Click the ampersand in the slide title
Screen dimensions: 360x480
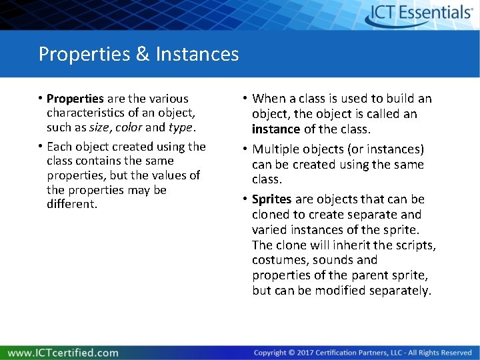coord(142,53)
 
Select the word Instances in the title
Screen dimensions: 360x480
coord(197,53)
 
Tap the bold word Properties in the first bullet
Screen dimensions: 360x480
coord(75,99)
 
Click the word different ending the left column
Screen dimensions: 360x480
coord(72,204)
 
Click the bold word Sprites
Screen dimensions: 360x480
coord(271,199)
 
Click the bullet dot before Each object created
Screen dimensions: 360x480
coord(41,147)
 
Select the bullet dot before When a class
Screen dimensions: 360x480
coord(245,99)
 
